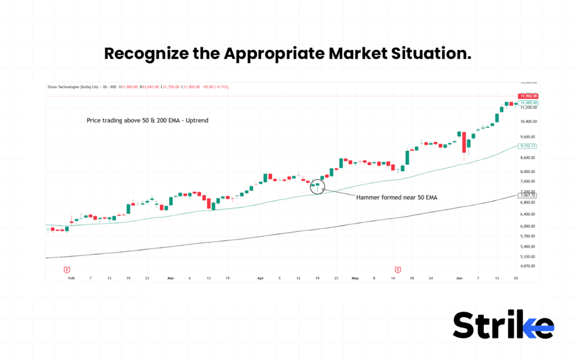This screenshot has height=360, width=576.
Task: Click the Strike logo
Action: tap(503, 325)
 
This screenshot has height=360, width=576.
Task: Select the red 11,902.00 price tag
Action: tap(529, 96)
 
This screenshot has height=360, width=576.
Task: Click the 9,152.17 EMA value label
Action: tap(529, 146)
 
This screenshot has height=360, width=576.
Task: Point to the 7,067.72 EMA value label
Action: tap(529, 195)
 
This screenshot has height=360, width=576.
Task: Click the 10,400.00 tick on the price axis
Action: tap(529, 121)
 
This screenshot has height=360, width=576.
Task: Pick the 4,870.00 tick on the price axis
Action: tap(529, 265)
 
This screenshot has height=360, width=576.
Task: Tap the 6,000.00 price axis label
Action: tap(529, 226)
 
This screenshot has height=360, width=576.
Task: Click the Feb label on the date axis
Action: tap(71, 278)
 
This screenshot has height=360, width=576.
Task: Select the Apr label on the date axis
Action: tap(260, 278)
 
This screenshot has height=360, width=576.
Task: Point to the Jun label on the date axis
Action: tap(459, 278)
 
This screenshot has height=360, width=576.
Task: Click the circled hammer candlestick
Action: tap(317, 187)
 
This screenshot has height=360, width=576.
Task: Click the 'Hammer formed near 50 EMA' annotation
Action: tap(397, 197)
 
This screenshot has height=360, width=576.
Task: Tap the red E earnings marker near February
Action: tap(67, 270)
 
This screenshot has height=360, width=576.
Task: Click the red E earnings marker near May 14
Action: tap(397, 270)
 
